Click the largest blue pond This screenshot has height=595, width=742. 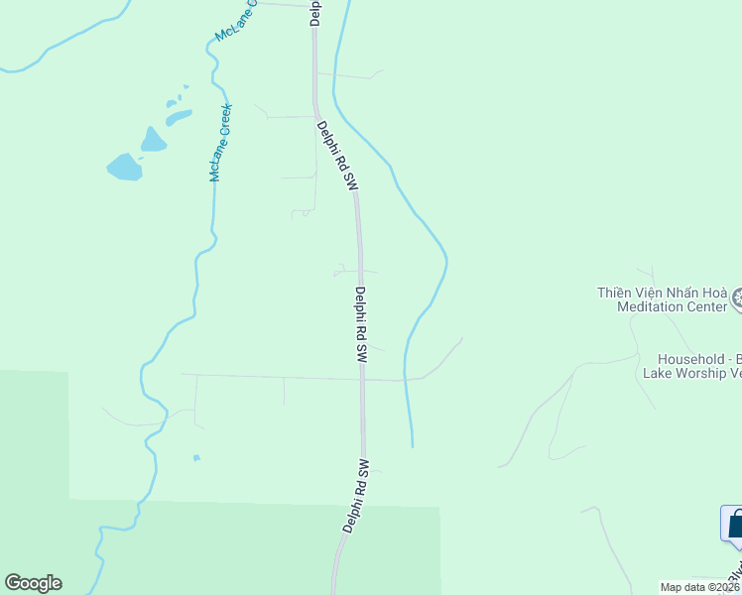[x=124, y=168]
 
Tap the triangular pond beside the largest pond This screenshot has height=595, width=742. [x=154, y=140]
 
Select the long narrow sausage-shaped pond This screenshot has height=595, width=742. [x=179, y=117]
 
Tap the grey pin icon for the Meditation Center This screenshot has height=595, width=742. [x=737, y=297]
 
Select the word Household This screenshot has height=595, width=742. [x=691, y=359]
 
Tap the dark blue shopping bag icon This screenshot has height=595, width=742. [x=735, y=523]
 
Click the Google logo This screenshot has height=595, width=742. [x=33, y=583]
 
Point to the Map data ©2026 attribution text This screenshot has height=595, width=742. [x=700, y=587]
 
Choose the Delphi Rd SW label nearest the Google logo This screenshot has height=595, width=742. [x=356, y=496]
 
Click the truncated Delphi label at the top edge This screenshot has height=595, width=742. [x=314, y=11]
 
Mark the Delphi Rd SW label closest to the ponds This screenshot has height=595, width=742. [x=336, y=155]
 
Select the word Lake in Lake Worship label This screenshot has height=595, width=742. [x=659, y=374]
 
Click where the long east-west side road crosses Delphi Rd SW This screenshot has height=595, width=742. [x=363, y=379]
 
